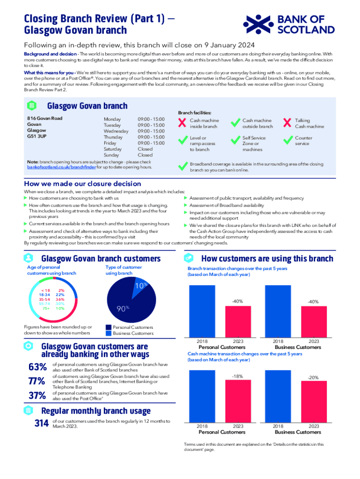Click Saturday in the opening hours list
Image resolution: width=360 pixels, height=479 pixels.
(112, 149)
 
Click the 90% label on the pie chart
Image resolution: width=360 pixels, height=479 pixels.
(123, 309)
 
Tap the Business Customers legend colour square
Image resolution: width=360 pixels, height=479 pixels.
(109, 333)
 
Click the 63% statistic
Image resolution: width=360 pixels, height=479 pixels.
(37, 367)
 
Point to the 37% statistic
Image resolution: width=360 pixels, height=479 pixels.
(37, 396)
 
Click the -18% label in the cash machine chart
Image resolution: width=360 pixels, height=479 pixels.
(238, 376)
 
